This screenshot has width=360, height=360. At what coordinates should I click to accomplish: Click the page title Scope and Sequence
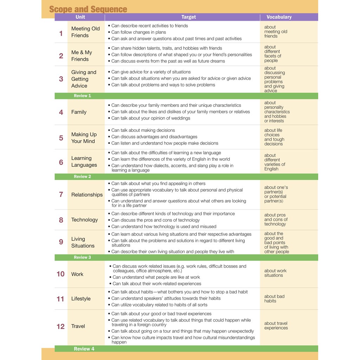(x=88, y=9)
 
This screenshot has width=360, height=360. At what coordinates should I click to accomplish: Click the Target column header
(x=188, y=17)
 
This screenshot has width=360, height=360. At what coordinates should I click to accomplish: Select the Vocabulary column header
(x=279, y=17)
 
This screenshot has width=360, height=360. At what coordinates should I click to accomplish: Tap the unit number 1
(x=61, y=33)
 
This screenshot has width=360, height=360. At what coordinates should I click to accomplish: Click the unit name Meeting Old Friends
(x=85, y=32)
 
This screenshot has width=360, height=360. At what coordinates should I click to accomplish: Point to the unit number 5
(x=61, y=138)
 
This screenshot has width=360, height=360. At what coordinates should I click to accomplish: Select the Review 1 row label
(x=82, y=96)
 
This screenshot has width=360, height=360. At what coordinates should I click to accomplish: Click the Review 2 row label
(x=82, y=176)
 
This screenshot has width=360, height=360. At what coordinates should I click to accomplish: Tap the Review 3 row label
(x=82, y=257)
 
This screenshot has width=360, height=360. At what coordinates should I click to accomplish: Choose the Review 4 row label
(x=84, y=349)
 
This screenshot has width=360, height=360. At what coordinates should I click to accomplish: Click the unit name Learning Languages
(x=84, y=162)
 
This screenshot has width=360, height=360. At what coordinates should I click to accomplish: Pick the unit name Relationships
(x=87, y=195)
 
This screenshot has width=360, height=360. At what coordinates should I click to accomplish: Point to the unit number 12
(x=60, y=327)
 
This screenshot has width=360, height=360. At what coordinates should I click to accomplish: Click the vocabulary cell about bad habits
(x=274, y=298)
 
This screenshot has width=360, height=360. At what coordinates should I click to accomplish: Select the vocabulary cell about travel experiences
(x=276, y=326)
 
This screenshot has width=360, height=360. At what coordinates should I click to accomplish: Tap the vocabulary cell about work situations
(x=275, y=273)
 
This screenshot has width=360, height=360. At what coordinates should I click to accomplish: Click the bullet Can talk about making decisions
(x=143, y=130)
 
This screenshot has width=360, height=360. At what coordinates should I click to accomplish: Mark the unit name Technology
(x=84, y=220)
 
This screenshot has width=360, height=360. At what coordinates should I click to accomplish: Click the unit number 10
(x=60, y=274)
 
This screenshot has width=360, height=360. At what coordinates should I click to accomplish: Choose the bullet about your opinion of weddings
(x=150, y=118)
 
